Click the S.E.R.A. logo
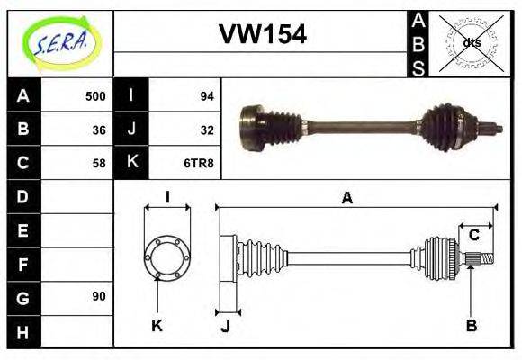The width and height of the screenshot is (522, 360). (x=59, y=43)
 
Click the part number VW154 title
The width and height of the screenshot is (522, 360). (x=263, y=34)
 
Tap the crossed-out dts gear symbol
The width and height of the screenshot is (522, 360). (x=471, y=42)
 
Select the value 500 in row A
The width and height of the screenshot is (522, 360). (x=95, y=96)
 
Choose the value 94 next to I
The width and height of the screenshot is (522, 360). (x=206, y=96)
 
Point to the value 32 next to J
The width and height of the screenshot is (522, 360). (x=206, y=130)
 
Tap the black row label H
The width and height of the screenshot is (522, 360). (x=22, y=330)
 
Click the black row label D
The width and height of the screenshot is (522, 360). (x=22, y=196)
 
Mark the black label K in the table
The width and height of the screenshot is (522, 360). (x=132, y=163)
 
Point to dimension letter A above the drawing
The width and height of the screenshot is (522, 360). (x=347, y=199)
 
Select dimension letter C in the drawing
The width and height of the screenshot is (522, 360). (x=473, y=236)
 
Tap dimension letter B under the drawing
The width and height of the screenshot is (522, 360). (x=471, y=325)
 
